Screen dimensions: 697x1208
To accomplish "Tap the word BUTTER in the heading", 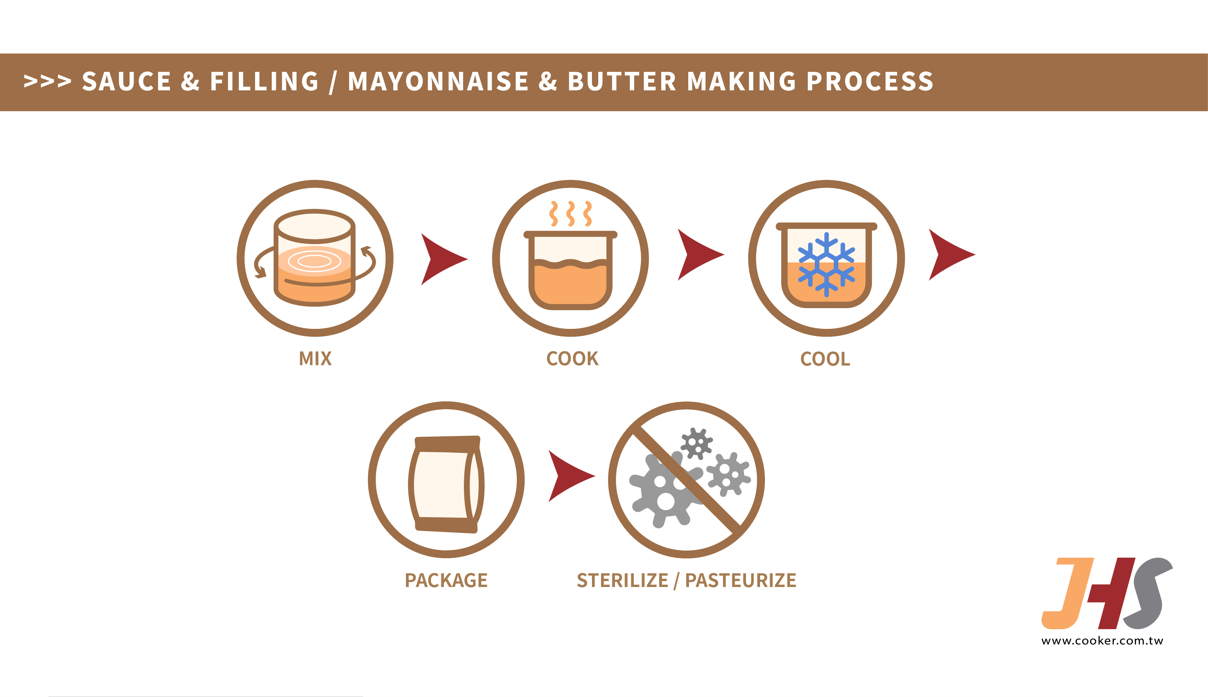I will [622, 81].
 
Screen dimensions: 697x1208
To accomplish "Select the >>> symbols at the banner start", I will [47, 81].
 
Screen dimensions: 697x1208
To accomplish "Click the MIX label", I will [315, 358].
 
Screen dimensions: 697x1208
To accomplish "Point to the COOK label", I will [572, 358].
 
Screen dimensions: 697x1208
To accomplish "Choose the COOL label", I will [825, 359].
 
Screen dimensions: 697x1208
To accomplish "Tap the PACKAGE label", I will [446, 580].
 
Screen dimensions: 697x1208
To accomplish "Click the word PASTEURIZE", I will [740, 580].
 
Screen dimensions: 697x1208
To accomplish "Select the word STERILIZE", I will [622, 580].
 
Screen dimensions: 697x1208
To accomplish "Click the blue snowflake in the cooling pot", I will [826, 264].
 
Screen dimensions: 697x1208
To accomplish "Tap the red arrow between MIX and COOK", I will [441, 259].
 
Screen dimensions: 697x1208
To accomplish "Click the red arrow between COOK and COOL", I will [697, 255].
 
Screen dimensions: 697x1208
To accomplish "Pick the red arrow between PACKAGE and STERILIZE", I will [568, 476].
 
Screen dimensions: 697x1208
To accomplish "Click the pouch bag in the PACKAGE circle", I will [446, 484].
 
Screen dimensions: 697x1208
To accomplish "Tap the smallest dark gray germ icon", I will [697, 443].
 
